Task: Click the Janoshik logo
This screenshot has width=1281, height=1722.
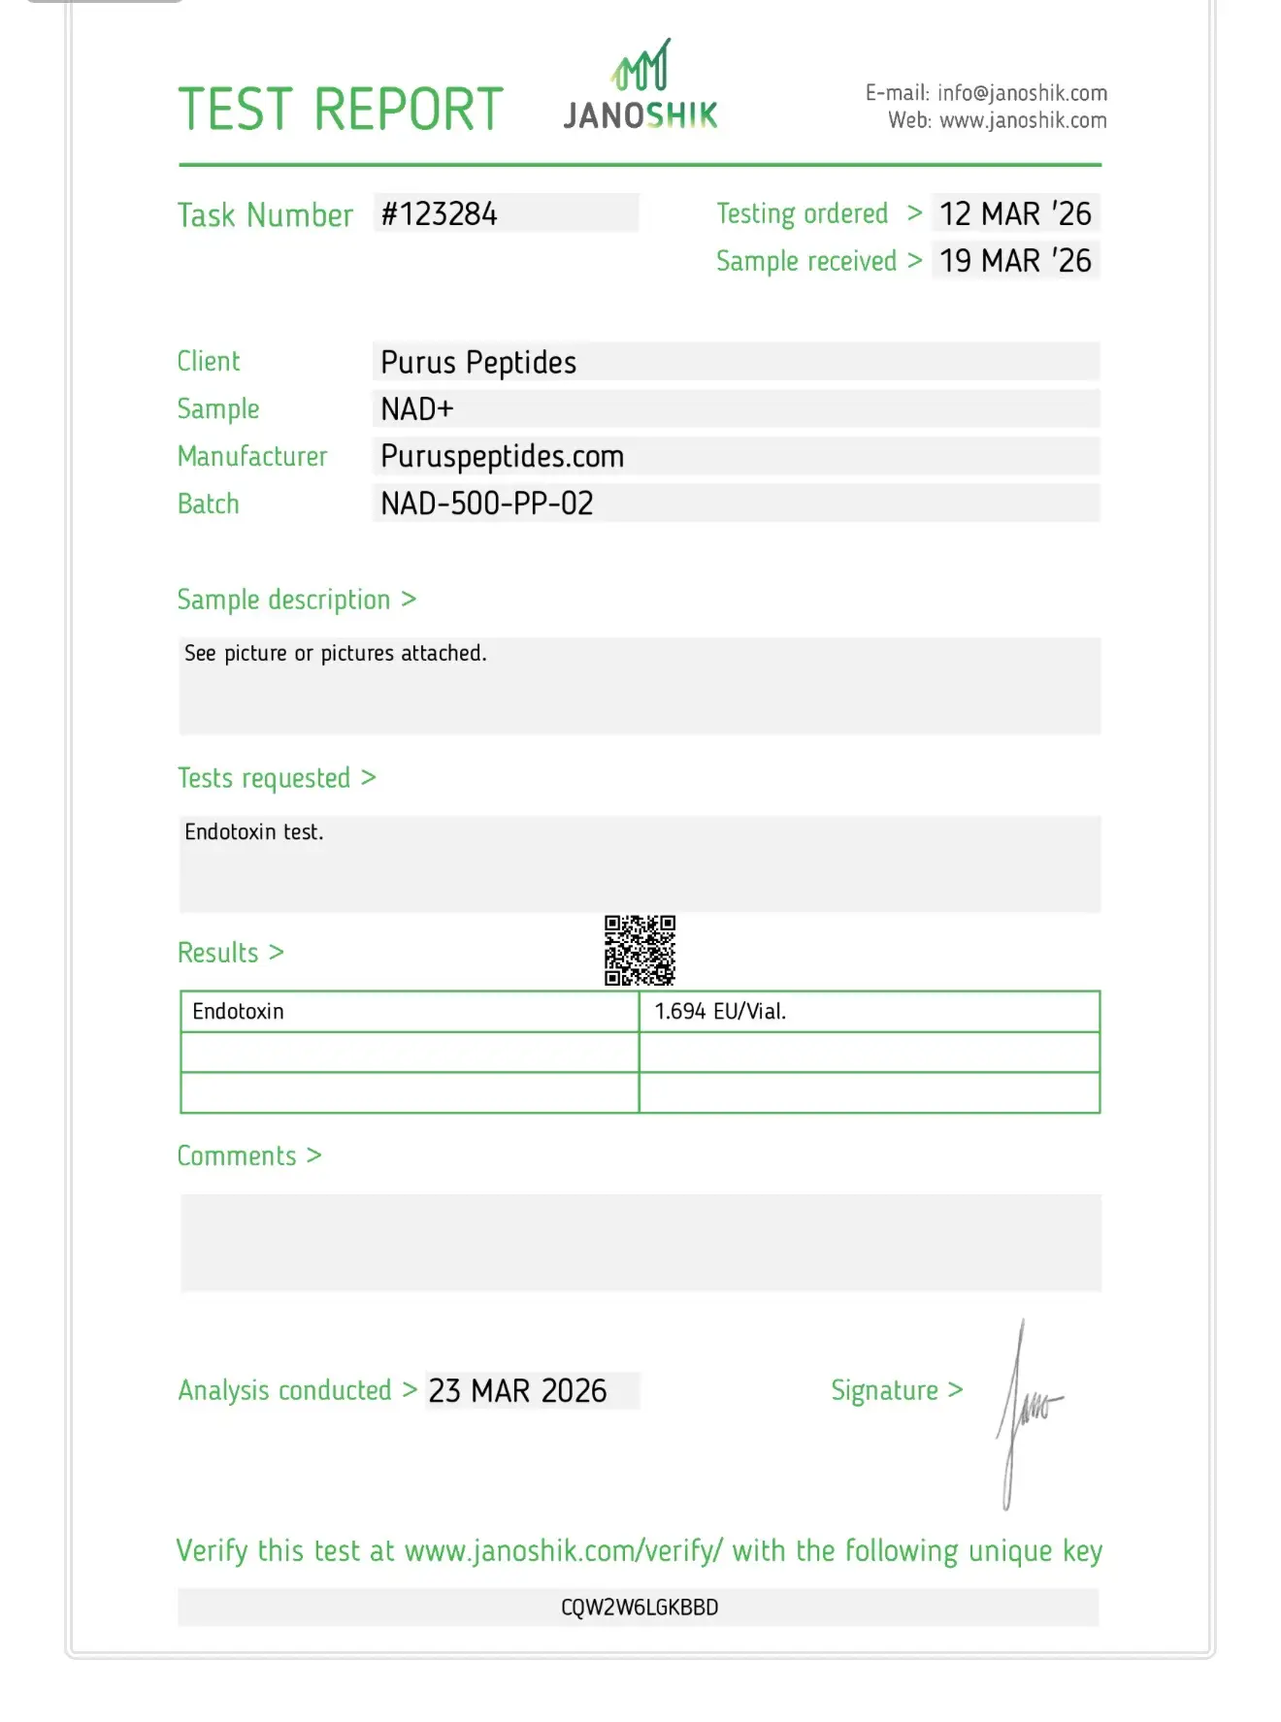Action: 640,87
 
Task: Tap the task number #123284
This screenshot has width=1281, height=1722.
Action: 439,213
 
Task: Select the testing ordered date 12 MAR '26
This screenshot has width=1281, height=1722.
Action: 1015,213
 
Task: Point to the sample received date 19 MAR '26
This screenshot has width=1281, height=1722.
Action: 1015,261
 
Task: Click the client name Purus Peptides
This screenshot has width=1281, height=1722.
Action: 478,363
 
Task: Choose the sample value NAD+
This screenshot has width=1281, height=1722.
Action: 417,409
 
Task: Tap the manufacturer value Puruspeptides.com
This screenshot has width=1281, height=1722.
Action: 502,457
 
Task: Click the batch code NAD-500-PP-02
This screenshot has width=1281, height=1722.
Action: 486,504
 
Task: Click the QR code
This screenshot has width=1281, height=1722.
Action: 640,951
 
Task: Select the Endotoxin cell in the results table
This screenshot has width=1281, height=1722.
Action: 239,1012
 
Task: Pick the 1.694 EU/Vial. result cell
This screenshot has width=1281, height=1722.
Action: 720,1012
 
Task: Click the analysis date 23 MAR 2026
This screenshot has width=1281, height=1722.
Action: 517,1391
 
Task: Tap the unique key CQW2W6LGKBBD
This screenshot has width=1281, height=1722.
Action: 640,1608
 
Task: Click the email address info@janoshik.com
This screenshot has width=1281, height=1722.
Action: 1022,93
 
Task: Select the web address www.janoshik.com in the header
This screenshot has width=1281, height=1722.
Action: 1023,121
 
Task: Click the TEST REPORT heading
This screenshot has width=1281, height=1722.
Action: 341,109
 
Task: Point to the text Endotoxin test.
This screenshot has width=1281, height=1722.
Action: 254,832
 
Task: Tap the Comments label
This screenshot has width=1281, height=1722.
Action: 237,1156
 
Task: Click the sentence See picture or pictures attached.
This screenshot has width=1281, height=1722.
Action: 336,654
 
